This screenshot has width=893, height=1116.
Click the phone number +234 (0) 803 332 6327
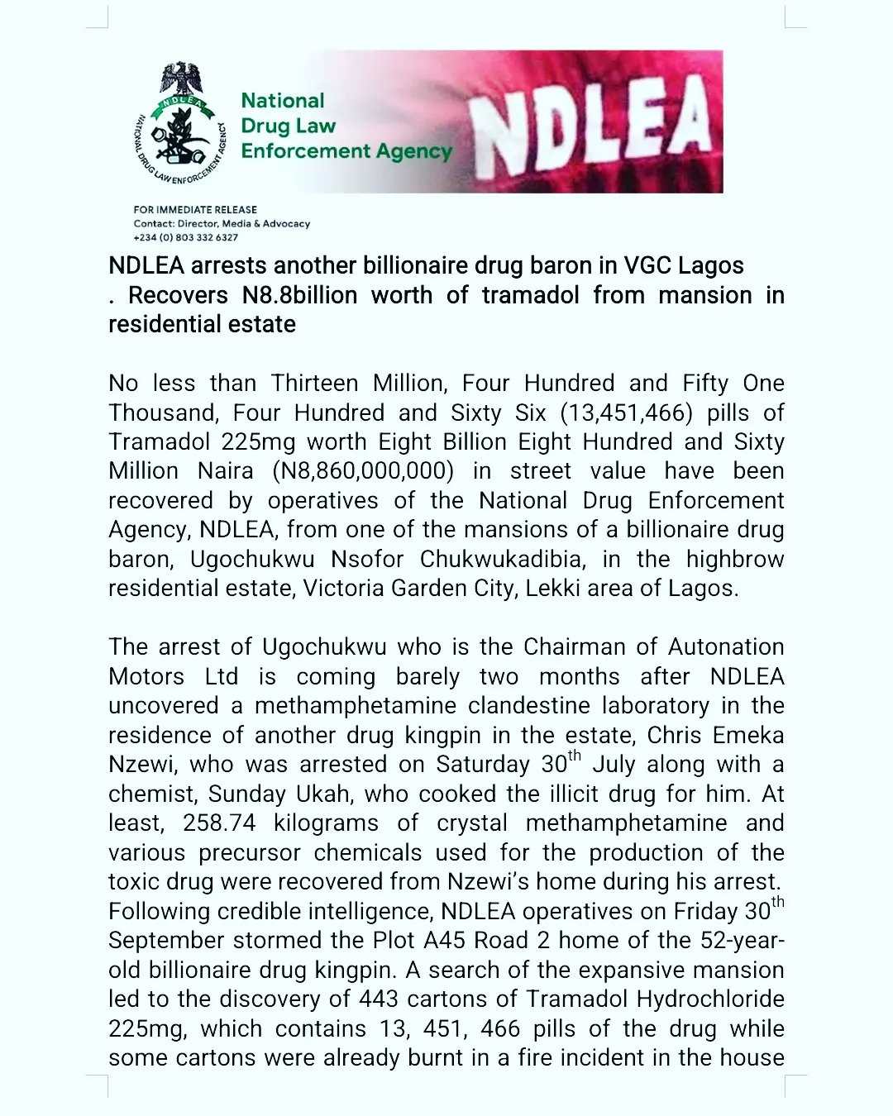click(x=186, y=237)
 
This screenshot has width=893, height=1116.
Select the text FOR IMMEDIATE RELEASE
click(x=195, y=210)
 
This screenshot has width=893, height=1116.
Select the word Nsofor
click(x=367, y=559)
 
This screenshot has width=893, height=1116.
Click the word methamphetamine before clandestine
click(x=356, y=706)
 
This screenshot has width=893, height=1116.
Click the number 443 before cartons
click(x=380, y=999)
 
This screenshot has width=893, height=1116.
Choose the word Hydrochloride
click(x=710, y=999)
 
